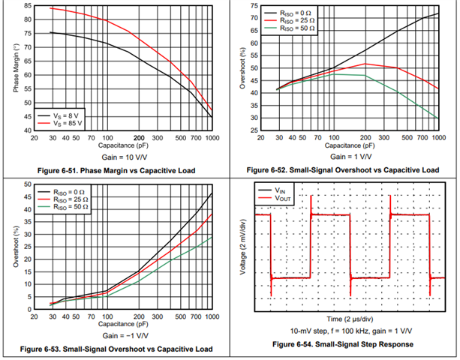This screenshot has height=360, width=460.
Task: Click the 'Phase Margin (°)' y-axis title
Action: click(x=15, y=69)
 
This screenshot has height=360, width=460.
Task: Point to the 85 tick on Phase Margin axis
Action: click(x=27, y=6)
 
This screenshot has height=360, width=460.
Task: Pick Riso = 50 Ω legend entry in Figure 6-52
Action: click(x=296, y=29)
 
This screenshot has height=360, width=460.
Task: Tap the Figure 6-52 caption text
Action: click(x=347, y=171)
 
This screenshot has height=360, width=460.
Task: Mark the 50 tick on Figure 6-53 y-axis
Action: click(x=27, y=184)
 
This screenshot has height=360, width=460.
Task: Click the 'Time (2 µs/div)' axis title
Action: click(x=347, y=319)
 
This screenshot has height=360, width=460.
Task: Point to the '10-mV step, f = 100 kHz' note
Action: click(x=347, y=331)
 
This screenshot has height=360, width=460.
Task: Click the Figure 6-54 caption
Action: click(x=347, y=345)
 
